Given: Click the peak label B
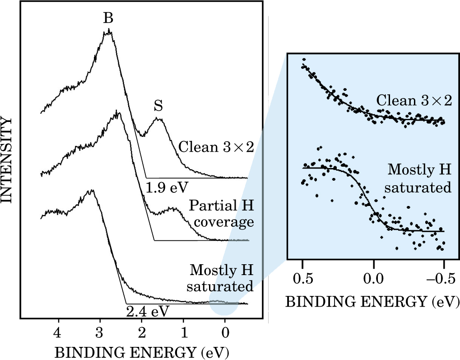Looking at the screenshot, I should coord(108,18).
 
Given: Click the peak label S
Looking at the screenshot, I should coord(158,107).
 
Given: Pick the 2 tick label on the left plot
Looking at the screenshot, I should coord(142,332).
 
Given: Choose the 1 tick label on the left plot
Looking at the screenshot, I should coord(183,332).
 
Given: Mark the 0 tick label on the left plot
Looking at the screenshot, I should coord(225,332).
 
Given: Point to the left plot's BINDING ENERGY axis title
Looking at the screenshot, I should coord(142,351).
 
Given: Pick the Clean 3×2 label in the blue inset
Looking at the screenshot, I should coord(414,101).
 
